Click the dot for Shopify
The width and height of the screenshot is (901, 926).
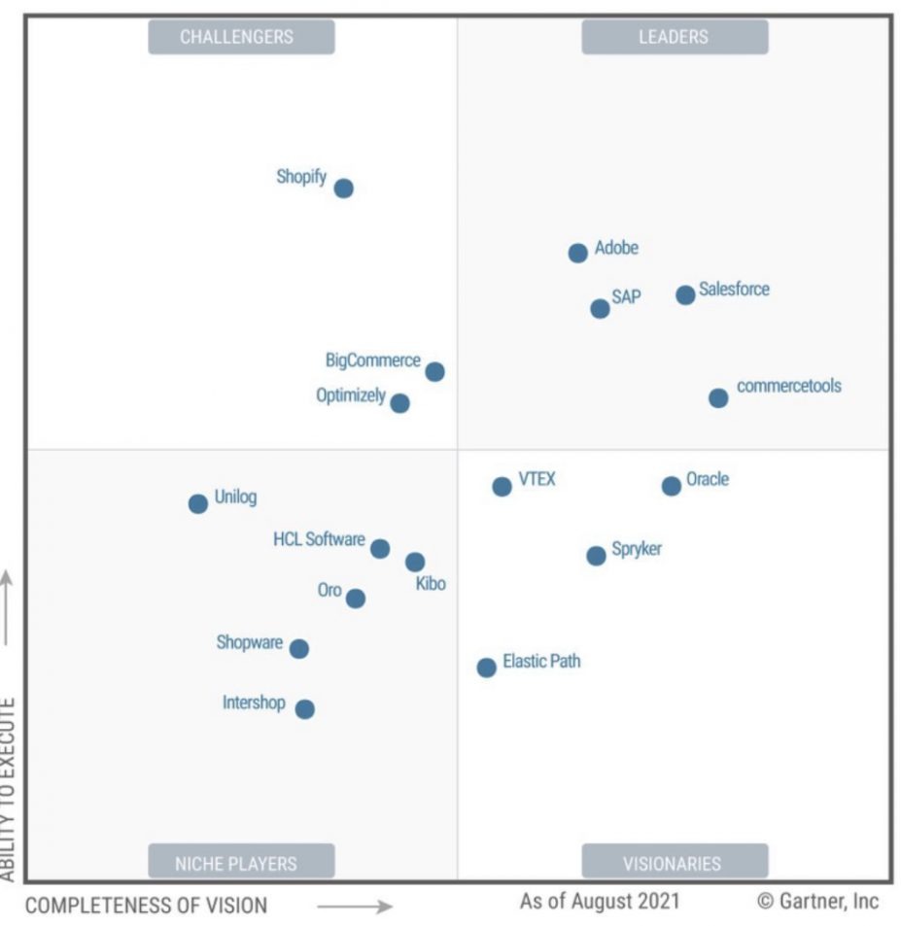(x=343, y=189)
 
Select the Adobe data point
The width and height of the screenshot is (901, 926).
(x=577, y=253)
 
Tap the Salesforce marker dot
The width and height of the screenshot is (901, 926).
(x=685, y=294)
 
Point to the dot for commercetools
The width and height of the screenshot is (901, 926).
(x=718, y=397)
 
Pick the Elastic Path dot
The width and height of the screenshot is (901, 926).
(x=486, y=668)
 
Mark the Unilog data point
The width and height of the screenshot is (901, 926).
(x=198, y=503)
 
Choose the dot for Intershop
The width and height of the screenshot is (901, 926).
(x=305, y=709)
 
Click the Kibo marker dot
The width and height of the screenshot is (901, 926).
(x=415, y=562)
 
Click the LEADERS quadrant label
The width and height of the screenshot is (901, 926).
(x=674, y=37)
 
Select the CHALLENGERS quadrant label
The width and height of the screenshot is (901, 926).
(x=237, y=37)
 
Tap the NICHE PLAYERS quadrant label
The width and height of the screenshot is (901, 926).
(x=236, y=863)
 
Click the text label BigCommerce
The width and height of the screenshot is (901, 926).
(x=373, y=360)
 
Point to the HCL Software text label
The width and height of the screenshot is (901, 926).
(x=319, y=539)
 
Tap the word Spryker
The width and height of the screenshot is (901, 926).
(x=637, y=549)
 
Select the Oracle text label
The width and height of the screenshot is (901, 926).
(x=708, y=479)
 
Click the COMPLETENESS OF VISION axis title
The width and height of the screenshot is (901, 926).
(x=146, y=906)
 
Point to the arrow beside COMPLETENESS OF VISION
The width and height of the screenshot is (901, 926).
(x=355, y=907)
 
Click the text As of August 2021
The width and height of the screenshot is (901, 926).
(x=600, y=901)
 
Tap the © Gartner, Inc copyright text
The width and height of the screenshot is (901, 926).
(x=817, y=901)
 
